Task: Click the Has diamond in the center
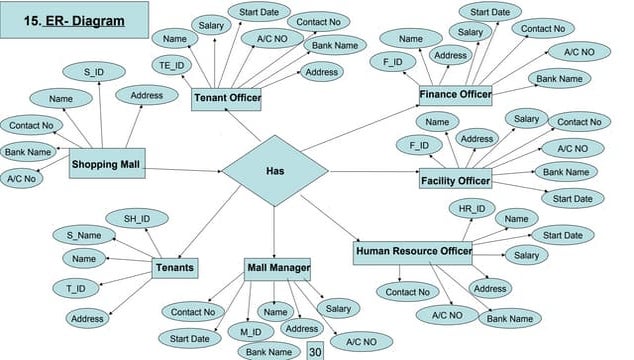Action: pyautogui.click(x=275, y=171)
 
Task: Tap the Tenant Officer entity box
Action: pyautogui.click(x=226, y=98)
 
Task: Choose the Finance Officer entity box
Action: pyautogui.click(x=455, y=95)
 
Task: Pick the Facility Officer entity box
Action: pyautogui.click(x=455, y=181)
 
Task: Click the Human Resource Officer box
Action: pyautogui.click(x=412, y=252)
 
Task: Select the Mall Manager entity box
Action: pyautogui.click(x=277, y=268)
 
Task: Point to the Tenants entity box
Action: pyautogui.click(x=174, y=268)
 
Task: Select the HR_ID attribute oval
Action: pyautogui.click(x=471, y=209)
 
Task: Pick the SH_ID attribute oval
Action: pyautogui.click(x=137, y=219)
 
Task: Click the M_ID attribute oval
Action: pyautogui.click(x=250, y=331)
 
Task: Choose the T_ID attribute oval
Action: pyautogui.click(x=76, y=289)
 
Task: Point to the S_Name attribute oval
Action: pyautogui.click(x=84, y=236)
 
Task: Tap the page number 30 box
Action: pyautogui.click(x=315, y=351)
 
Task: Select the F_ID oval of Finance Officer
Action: pyautogui.click(x=393, y=62)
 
